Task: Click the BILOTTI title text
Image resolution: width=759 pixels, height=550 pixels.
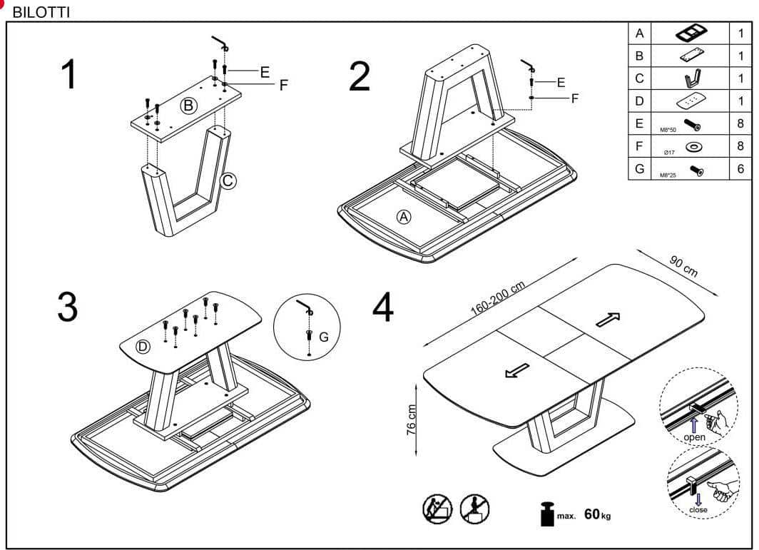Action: tap(41, 14)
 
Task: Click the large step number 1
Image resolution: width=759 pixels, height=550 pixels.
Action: tap(69, 74)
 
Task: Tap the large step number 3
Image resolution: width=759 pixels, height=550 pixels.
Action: tap(67, 307)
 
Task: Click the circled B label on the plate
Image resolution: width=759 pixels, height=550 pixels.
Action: tap(188, 106)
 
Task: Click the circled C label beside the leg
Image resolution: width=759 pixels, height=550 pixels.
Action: tap(228, 181)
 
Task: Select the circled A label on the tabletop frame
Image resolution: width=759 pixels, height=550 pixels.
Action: tap(404, 217)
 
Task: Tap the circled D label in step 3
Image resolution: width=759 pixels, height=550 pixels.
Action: tap(143, 347)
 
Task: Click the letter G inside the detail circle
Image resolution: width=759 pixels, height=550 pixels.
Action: tap(323, 336)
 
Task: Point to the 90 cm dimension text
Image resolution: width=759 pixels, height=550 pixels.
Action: tap(684, 265)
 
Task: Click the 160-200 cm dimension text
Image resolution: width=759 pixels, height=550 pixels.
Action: tap(497, 299)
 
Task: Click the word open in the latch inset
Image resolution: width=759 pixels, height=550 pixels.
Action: tap(693, 437)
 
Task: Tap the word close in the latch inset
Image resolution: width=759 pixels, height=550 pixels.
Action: tap(698, 509)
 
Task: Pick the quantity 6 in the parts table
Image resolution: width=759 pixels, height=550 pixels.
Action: tap(740, 169)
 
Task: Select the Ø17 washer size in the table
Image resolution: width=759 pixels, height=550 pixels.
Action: tap(668, 151)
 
